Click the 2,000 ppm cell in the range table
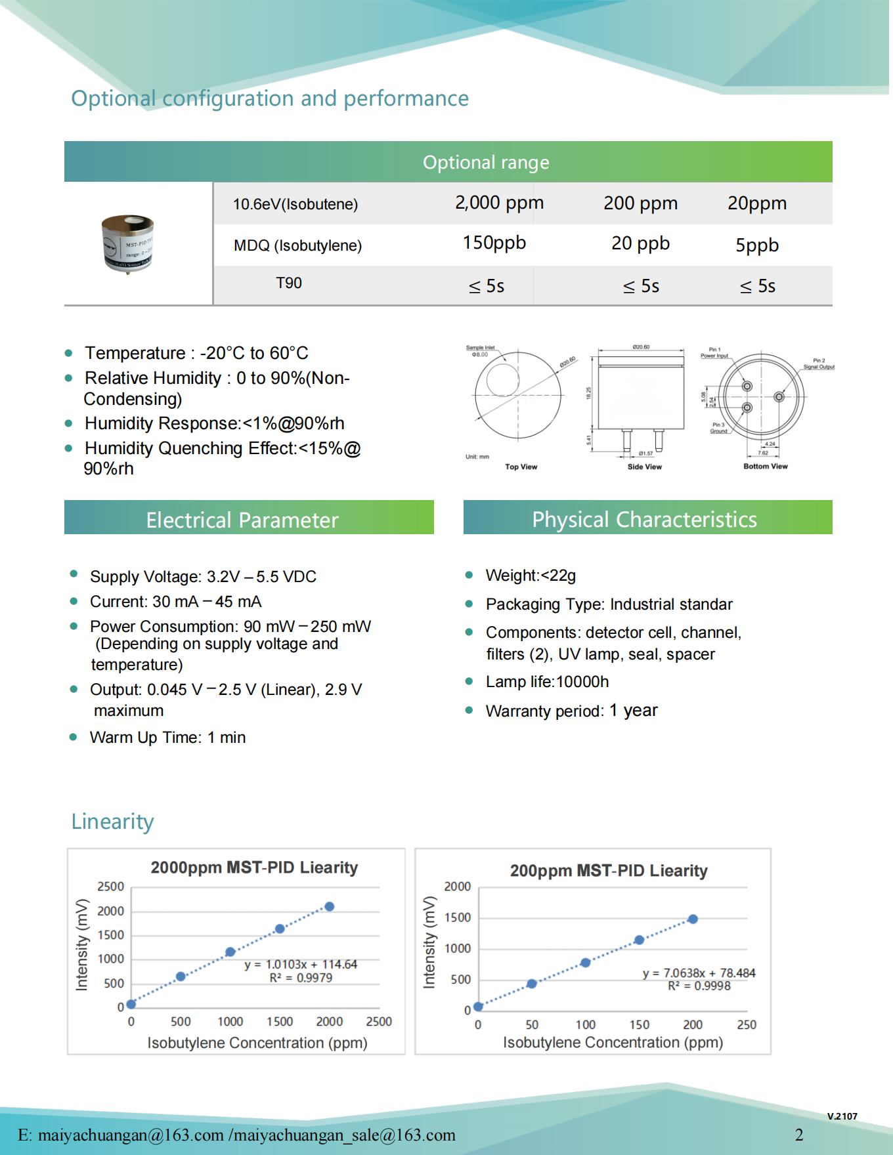coord(499,203)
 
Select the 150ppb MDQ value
coord(494,243)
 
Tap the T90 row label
coord(289,283)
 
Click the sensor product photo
coord(128,243)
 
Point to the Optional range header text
coord(486,163)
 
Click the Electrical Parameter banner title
coord(242,520)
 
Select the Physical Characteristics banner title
coord(644,520)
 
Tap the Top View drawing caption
coord(521,467)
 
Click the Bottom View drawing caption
coord(765,467)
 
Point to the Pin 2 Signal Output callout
coord(819,364)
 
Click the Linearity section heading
coord(113,822)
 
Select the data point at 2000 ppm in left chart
coord(330,906)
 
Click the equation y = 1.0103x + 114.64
coord(301,964)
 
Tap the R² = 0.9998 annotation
coord(699,986)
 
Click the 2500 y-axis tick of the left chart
coord(111,887)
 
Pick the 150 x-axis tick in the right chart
coord(639,1024)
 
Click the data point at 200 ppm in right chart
coord(693,919)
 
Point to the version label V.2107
coord(842,1116)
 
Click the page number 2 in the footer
coord(799,1135)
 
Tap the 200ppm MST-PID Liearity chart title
coord(609,871)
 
